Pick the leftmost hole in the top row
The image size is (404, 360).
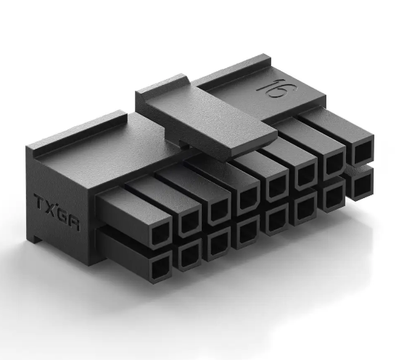tap(159, 232)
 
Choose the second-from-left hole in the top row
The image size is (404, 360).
tap(189, 220)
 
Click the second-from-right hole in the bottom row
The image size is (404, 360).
tap(334, 197)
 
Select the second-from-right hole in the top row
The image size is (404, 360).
tap(336, 164)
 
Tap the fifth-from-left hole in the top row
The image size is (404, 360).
tap(277, 186)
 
